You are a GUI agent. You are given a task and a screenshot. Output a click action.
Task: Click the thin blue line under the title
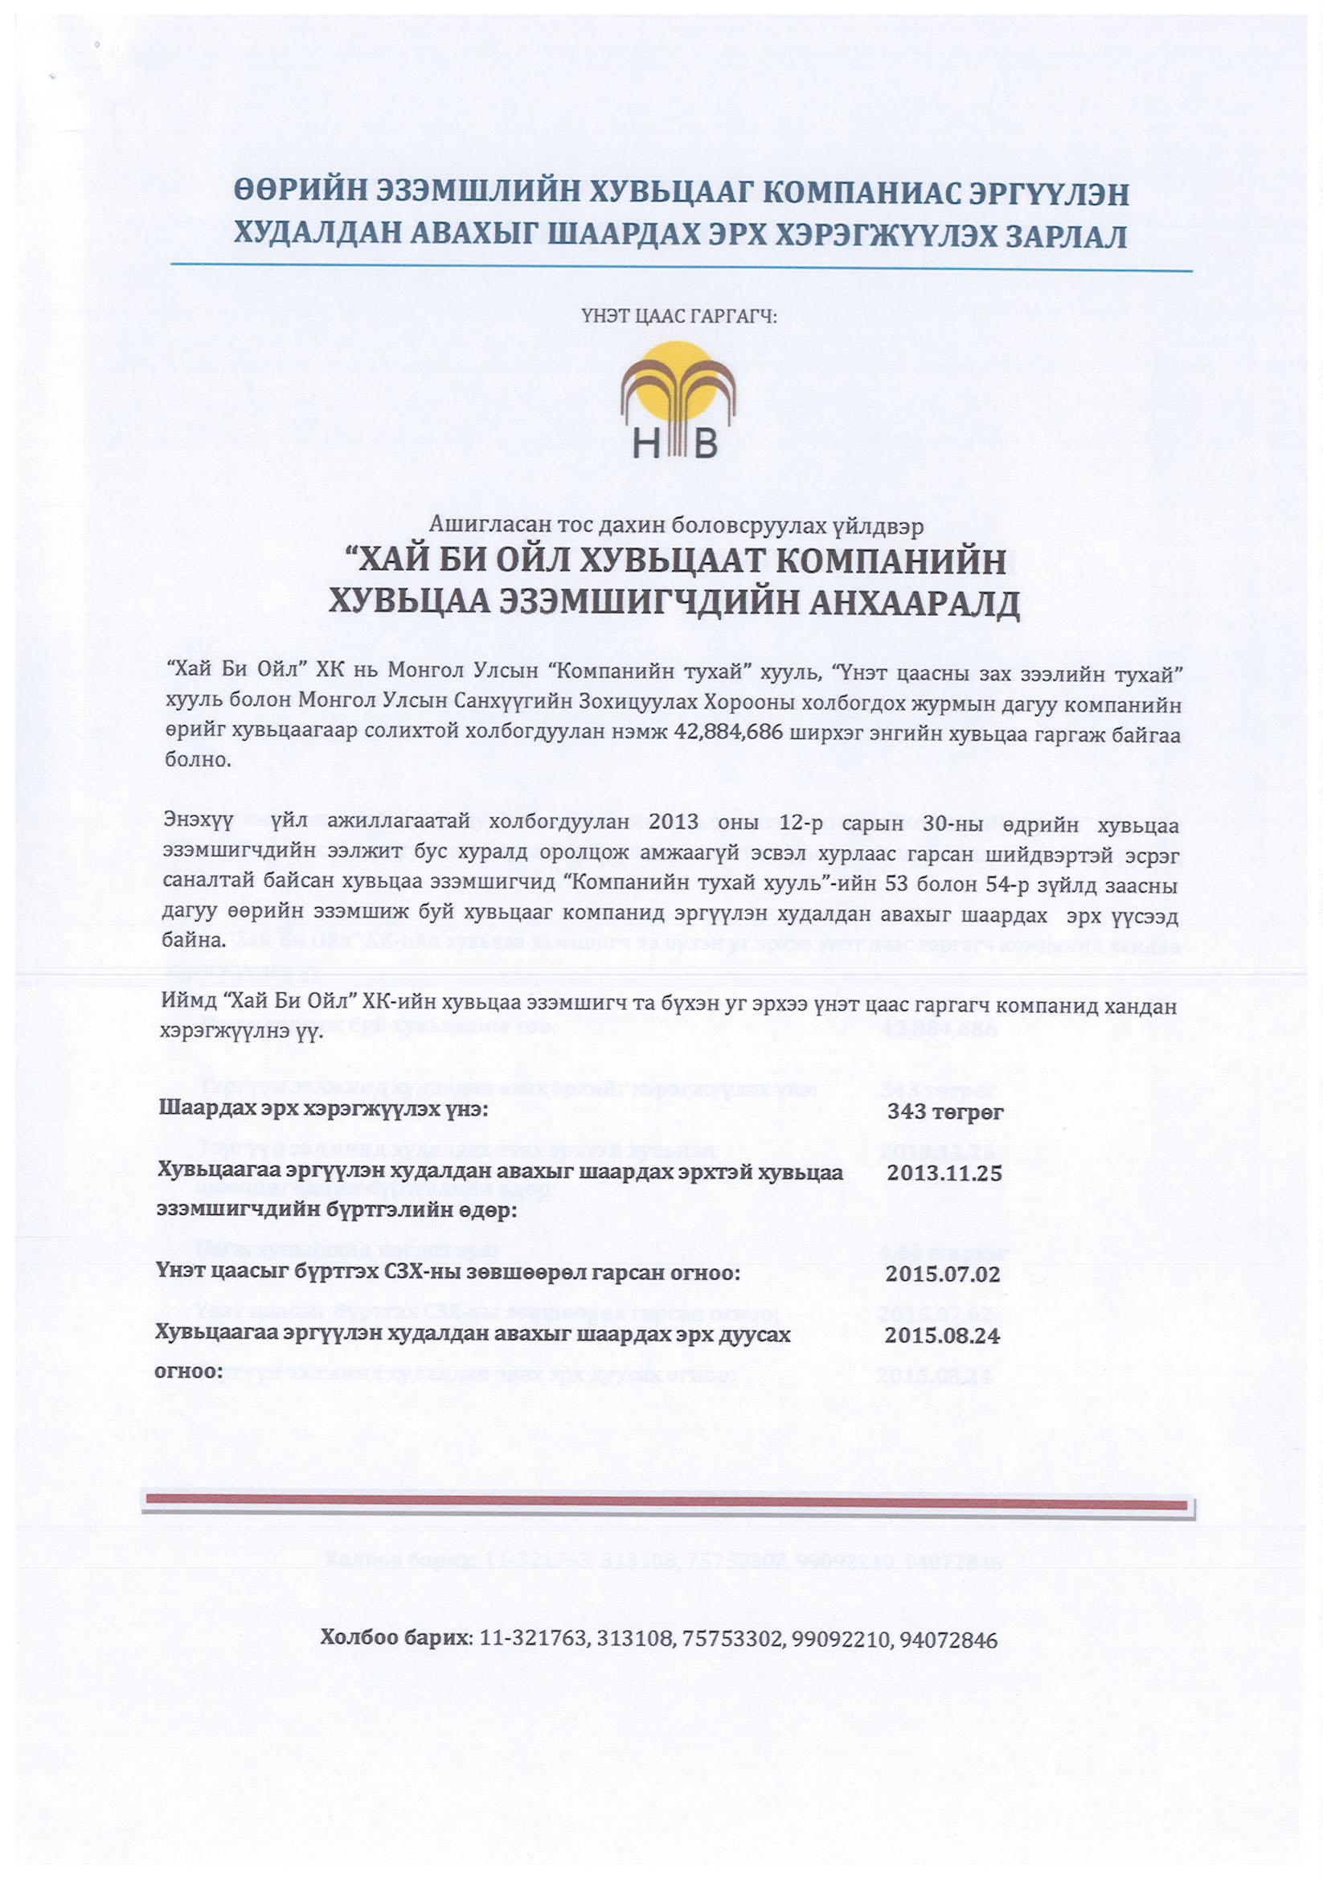pos(679,268)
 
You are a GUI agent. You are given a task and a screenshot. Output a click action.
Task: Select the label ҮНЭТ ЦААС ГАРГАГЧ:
pos(678,315)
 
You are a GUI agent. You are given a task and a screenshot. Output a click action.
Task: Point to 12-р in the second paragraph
pos(801,822)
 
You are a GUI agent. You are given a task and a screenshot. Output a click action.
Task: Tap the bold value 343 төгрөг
pos(945,1112)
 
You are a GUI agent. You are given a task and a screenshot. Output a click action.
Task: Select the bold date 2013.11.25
pos(944,1172)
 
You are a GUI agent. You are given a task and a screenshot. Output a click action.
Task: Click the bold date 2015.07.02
pos(942,1274)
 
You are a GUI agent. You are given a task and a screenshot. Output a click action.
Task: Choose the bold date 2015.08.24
pos(942,1336)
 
